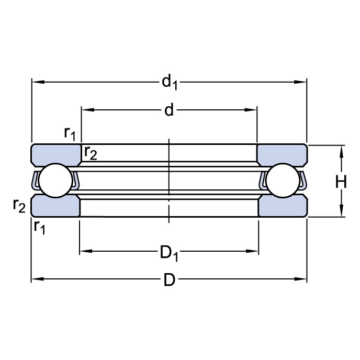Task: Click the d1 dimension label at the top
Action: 169,82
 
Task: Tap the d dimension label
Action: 168,110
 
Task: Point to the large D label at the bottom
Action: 168,280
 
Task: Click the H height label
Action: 341,182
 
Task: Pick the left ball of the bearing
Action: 54,181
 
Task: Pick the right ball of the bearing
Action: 283,181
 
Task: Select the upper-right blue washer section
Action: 282,154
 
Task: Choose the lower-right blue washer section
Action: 282,206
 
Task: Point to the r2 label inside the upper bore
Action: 90,152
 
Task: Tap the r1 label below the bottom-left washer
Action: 39,227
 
